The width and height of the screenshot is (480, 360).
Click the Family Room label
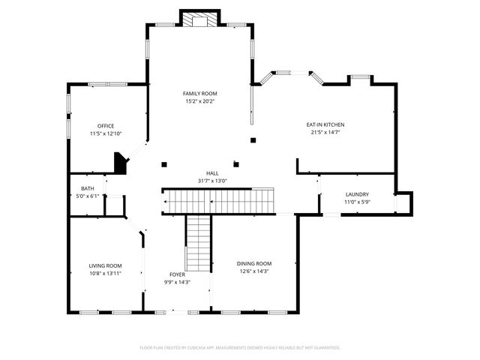click(x=199, y=93)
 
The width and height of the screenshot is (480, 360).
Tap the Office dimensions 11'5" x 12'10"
click(x=106, y=133)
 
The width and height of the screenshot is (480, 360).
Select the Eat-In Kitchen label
click(x=325, y=124)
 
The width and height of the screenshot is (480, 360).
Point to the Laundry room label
click(x=357, y=194)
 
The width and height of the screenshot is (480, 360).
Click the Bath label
click(x=88, y=189)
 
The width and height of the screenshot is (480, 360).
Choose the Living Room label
click(x=105, y=265)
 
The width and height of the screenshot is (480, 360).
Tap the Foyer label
click(x=177, y=274)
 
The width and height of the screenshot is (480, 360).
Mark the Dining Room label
click(x=254, y=263)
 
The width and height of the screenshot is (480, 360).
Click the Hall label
click(x=212, y=173)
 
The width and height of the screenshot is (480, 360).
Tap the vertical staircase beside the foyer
click(x=198, y=244)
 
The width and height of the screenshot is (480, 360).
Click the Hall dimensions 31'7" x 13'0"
click(x=212, y=181)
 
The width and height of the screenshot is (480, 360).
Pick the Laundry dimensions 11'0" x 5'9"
click(x=357, y=202)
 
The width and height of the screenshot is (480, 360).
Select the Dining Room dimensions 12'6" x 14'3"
click(x=254, y=271)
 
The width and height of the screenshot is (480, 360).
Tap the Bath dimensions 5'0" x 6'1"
click(x=88, y=196)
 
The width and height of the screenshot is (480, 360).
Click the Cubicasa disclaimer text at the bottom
click(x=240, y=347)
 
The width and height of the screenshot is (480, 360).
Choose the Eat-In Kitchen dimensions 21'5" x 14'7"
click(x=325, y=132)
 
